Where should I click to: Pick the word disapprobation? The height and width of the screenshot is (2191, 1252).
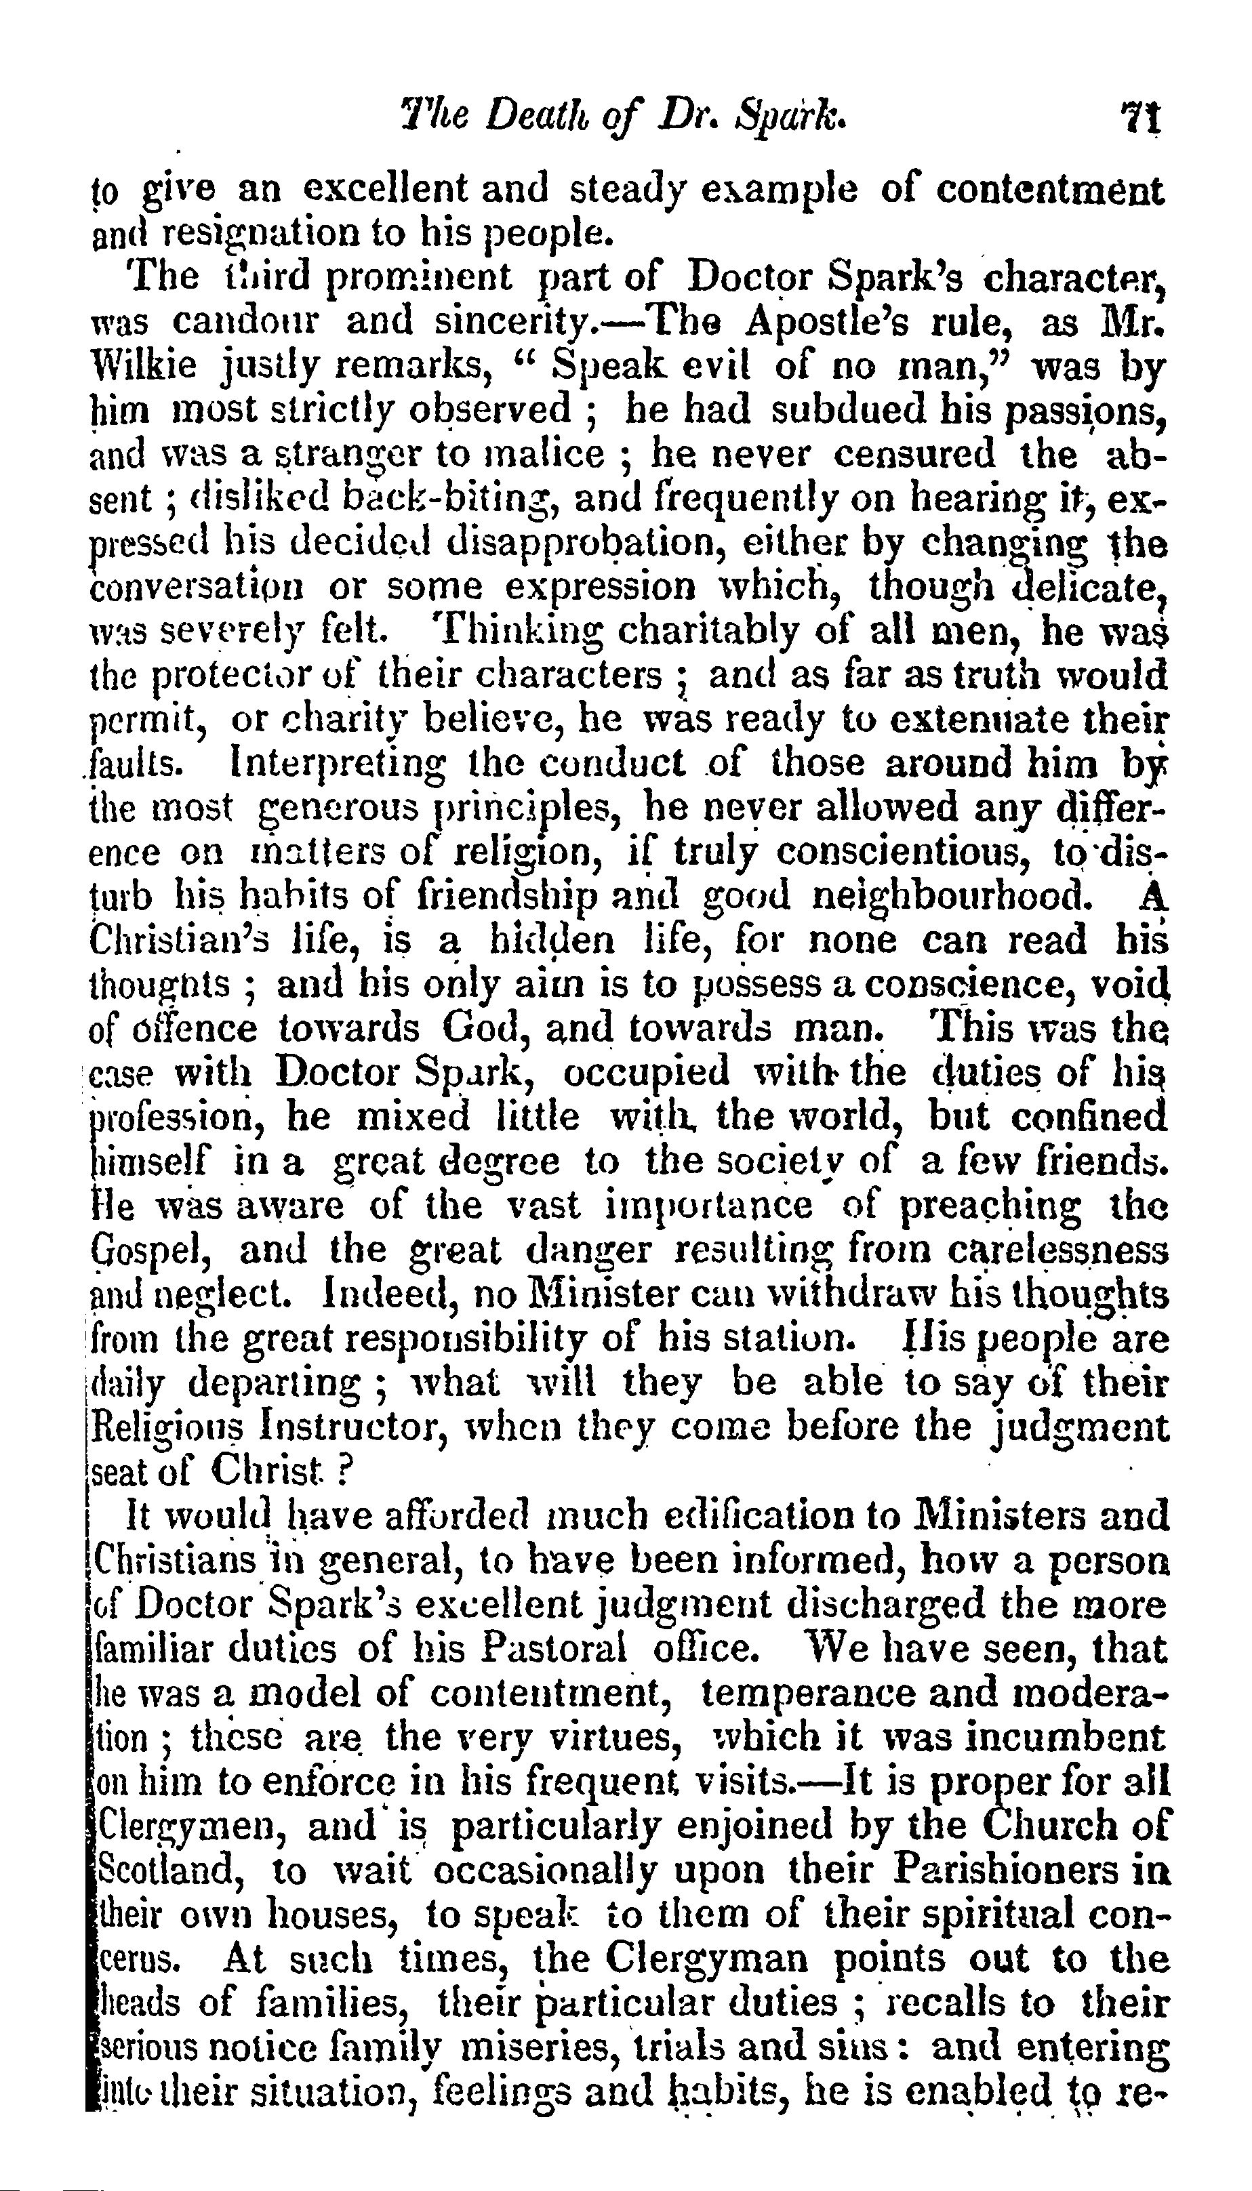[584, 544]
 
